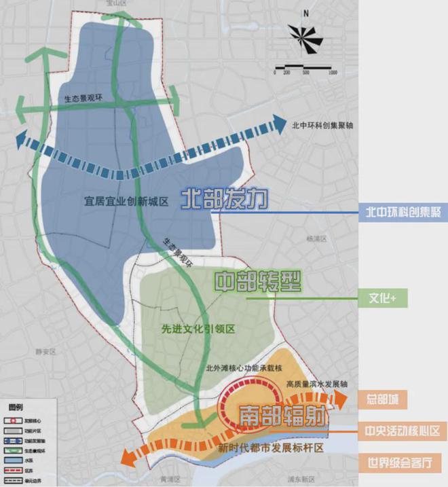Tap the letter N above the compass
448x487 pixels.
[307, 13]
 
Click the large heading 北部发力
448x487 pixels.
[225, 199]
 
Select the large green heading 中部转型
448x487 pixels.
[259, 283]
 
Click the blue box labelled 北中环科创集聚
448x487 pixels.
[403, 212]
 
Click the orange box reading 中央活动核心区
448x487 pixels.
[403, 431]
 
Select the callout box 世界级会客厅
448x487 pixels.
[403, 463]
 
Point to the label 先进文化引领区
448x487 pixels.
[198, 329]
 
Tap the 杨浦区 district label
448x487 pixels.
[316, 239]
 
